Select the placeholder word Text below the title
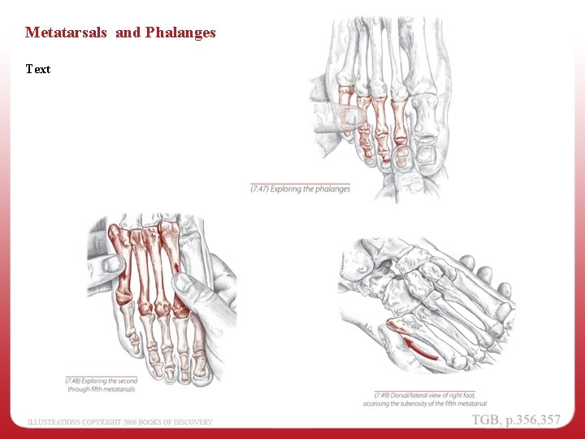coord(37,69)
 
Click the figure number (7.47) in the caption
coord(262,189)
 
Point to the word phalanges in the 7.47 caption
coord(331,189)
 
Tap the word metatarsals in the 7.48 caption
coord(116,389)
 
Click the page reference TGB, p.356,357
coord(516,419)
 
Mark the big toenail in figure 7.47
coord(426,154)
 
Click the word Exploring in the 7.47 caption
coord(288,189)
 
